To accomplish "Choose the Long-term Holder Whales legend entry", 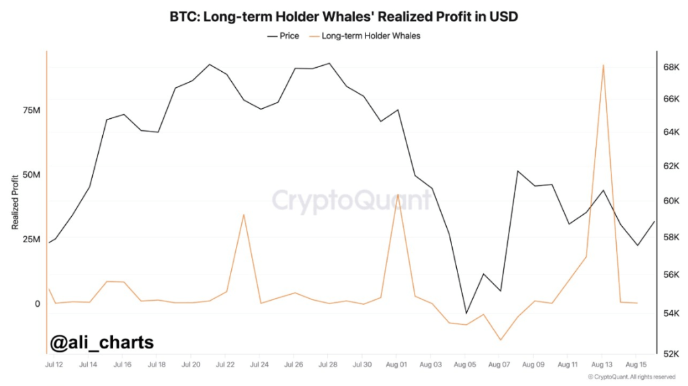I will pyautogui.click(x=370, y=36).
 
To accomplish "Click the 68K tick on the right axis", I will pyautogui.click(x=669, y=67).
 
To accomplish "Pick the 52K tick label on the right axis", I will pyautogui.click(x=669, y=354).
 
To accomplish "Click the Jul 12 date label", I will pyautogui.click(x=54, y=365).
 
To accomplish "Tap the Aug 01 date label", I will pyautogui.click(x=396, y=365).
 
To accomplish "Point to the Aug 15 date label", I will pyautogui.click(x=636, y=365).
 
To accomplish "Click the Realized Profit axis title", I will pyautogui.click(x=15, y=201).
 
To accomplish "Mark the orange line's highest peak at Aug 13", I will pyautogui.click(x=603, y=65).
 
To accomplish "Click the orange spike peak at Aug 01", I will pyautogui.click(x=398, y=195).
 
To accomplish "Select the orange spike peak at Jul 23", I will pyautogui.click(x=243, y=215).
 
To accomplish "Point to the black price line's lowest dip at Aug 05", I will pyautogui.click(x=466, y=313).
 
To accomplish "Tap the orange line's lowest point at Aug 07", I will pyautogui.click(x=500, y=340).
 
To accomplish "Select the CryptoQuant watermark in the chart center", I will pyautogui.click(x=351, y=200).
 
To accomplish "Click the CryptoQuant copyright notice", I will pyautogui.click(x=632, y=377).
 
